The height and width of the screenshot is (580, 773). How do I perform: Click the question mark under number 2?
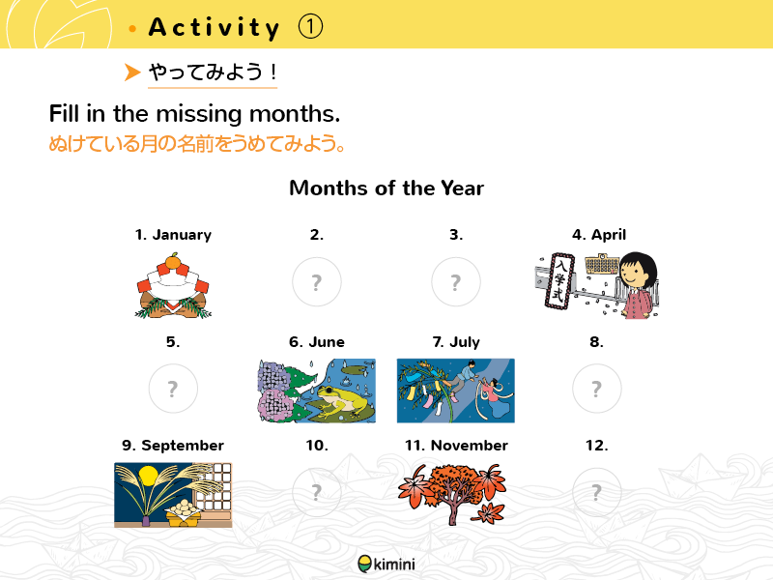[x=317, y=281]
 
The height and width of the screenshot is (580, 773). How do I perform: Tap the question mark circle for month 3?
[x=456, y=281]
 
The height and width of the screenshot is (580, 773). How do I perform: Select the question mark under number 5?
[x=173, y=389]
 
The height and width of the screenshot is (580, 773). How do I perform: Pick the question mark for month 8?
[x=596, y=389]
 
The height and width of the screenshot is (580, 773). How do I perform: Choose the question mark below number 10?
[x=317, y=492]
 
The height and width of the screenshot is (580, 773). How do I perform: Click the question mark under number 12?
[x=596, y=492]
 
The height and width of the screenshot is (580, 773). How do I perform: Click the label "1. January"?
[x=173, y=235]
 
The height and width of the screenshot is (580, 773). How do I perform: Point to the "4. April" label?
[x=599, y=235]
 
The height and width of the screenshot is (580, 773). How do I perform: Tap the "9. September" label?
[x=173, y=446]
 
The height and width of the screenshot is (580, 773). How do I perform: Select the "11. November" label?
[x=456, y=446]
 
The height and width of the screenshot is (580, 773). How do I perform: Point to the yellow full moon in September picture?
[x=149, y=476]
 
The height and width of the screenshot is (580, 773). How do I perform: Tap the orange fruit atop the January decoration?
[x=173, y=261]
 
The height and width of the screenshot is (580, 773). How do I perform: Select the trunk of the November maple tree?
[x=452, y=510]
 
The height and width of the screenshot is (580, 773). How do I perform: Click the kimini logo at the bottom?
[x=386, y=564]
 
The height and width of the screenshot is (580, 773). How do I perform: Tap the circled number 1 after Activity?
[x=310, y=27]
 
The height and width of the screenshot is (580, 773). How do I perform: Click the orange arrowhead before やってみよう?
[x=132, y=72]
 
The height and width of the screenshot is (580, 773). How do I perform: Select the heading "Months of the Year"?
[x=386, y=188]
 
